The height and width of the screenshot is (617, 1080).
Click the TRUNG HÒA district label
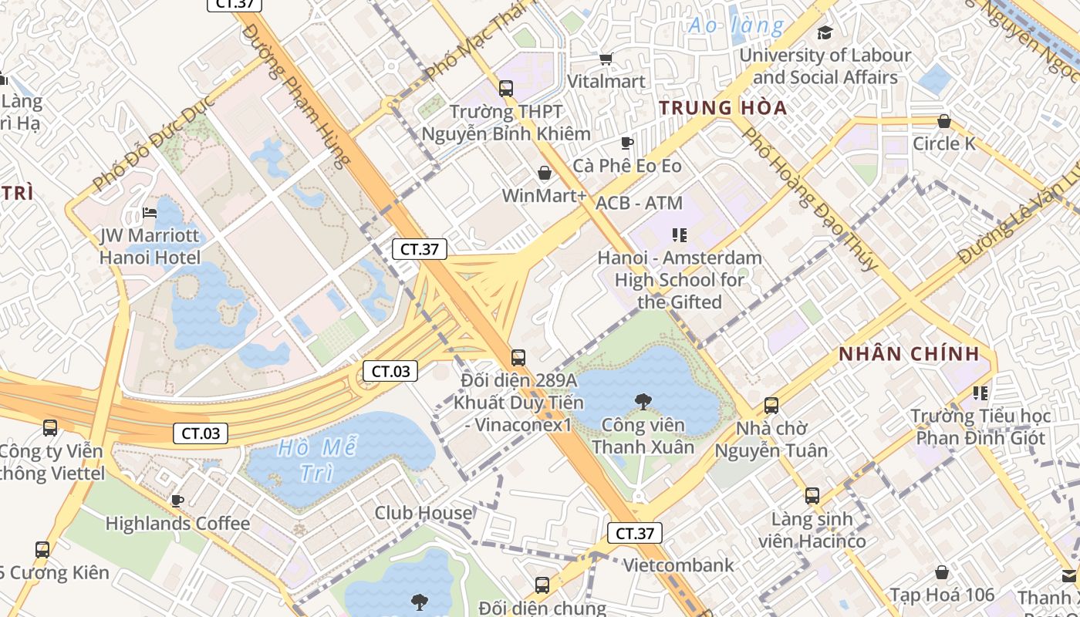(x=723, y=108)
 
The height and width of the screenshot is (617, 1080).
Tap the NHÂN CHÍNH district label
(x=909, y=355)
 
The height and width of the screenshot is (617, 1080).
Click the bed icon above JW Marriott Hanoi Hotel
(x=150, y=213)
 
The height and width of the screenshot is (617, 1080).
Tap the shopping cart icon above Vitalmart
(x=606, y=59)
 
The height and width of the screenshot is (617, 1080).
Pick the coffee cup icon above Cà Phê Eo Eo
(x=626, y=143)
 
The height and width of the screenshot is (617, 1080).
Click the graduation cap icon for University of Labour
(x=825, y=32)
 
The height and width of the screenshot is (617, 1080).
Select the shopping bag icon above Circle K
(x=943, y=121)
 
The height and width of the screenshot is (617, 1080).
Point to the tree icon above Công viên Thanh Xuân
(x=641, y=401)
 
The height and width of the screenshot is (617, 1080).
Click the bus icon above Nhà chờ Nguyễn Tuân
(x=771, y=405)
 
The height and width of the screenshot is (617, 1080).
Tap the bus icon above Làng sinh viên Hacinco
(x=812, y=495)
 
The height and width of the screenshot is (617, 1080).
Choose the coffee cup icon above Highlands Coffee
(x=177, y=501)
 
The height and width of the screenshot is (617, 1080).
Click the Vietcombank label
(x=678, y=565)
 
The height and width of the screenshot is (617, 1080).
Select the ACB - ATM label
(x=640, y=203)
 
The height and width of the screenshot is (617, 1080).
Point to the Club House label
(x=424, y=513)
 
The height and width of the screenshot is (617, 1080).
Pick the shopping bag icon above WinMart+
(x=545, y=173)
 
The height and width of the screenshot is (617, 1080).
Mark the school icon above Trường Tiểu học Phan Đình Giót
(x=980, y=393)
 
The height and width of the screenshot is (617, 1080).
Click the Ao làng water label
(x=736, y=26)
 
